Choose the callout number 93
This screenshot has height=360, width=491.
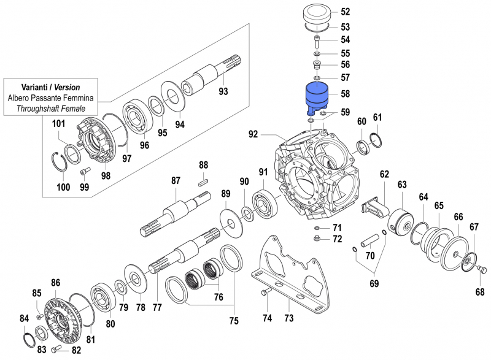(223, 91)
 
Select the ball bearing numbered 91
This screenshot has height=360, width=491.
(265, 200)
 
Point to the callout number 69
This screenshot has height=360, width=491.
(373, 284)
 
